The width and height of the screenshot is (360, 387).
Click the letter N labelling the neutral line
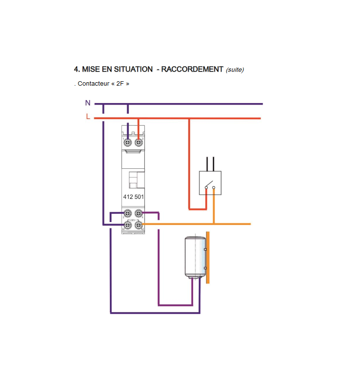pyautogui.click(x=88, y=103)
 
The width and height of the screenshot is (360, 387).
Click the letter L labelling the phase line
pyautogui.click(x=88, y=116)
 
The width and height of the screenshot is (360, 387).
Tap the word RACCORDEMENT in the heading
pyautogui.click(x=192, y=69)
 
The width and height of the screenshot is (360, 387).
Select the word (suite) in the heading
pyautogui.click(x=235, y=70)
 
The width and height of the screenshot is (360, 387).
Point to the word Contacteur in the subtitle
pyautogui.click(x=93, y=84)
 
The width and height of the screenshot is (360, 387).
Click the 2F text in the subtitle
pyautogui.click(x=120, y=84)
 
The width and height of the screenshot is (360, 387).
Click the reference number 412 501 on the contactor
pyautogui.click(x=134, y=197)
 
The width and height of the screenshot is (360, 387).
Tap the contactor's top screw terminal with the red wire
pyautogui.click(x=138, y=142)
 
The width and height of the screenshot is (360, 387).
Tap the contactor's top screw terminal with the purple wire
pyautogui.click(x=127, y=142)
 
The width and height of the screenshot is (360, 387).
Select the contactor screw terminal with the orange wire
pyautogui.click(x=138, y=225)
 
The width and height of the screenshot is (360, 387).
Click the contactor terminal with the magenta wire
pyautogui.click(x=138, y=213)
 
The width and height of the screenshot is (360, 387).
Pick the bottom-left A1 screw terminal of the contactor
pyautogui.click(x=127, y=225)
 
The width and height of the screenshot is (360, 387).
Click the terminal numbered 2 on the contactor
pyautogui.click(x=127, y=213)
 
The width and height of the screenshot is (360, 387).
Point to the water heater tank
pyautogui.click(x=195, y=257)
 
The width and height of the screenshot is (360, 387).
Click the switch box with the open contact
pyautogui.click(x=210, y=183)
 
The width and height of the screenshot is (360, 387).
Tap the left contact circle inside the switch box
pyautogui.click(x=206, y=188)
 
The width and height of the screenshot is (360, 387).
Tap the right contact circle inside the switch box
pyautogui.click(x=213, y=188)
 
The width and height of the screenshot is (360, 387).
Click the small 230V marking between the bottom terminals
pyautogui.click(x=133, y=220)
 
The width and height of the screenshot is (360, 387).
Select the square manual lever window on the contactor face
pyautogui.click(x=136, y=180)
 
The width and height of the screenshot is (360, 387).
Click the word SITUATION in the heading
pyautogui.click(x=134, y=69)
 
